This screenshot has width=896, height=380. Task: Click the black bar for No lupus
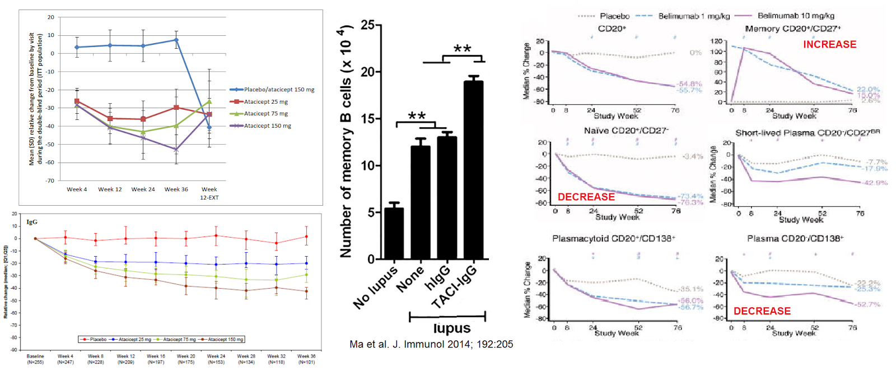click(x=394, y=233)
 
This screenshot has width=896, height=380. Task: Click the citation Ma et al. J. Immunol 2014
click(x=431, y=344)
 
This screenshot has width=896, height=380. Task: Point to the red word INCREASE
click(x=829, y=44)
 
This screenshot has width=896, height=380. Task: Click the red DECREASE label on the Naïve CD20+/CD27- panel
click(x=586, y=197)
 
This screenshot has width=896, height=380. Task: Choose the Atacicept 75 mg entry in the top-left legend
click(x=265, y=114)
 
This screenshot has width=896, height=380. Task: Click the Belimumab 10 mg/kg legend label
click(x=795, y=16)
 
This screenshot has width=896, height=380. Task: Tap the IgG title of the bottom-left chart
click(x=32, y=222)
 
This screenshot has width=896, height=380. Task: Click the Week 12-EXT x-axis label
click(x=209, y=193)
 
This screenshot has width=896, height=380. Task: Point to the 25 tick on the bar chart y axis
click(x=367, y=25)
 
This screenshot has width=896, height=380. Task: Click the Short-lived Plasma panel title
click(x=807, y=133)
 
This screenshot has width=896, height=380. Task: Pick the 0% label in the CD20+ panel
click(x=696, y=53)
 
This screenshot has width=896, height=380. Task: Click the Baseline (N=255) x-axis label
click(x=35, y=359)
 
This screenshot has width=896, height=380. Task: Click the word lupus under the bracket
click(x=452, y=328)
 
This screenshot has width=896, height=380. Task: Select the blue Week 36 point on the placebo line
click(x=176, y=40)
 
